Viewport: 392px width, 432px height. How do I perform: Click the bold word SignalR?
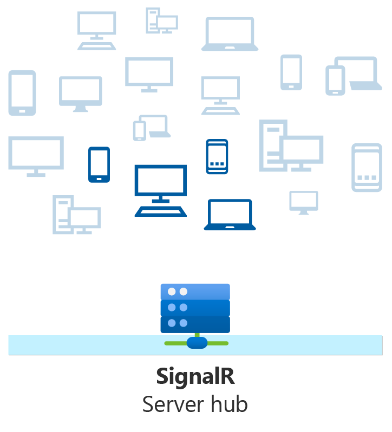point(195,377)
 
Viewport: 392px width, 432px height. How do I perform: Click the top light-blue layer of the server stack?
point(195,291)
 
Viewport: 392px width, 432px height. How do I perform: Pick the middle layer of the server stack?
point(195,308)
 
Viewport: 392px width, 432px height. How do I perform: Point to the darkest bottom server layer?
point(195,323)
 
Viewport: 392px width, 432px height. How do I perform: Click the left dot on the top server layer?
point(172,291)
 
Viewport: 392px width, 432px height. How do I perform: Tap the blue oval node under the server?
point(197,343)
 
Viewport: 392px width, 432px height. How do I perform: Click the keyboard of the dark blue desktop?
point(161,211)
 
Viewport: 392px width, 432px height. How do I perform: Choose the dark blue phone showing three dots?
point(217,156)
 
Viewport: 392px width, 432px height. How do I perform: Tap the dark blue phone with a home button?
point(99,164)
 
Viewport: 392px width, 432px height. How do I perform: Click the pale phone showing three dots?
point(367,167)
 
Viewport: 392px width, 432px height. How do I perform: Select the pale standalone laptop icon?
point(230,34)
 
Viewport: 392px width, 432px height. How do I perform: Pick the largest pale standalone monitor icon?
point(36,156)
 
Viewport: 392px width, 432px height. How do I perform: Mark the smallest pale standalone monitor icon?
point(303,202)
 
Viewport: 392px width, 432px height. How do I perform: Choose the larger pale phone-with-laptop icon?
point(351,76)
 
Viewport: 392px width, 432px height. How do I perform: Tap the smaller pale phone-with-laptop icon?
point(151,128)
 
